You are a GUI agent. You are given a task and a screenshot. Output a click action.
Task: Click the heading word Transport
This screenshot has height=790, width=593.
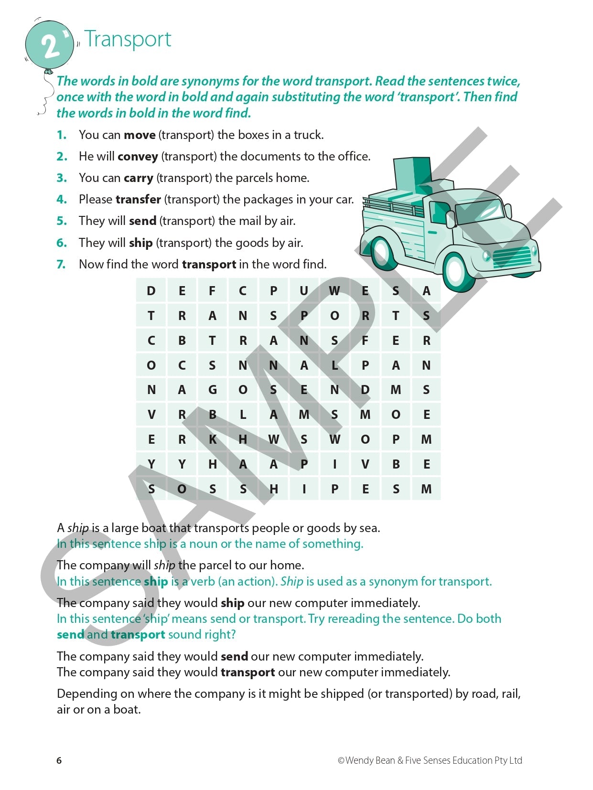click(128, 39)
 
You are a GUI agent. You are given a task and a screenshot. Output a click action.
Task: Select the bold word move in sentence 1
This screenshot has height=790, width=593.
click(140, 135)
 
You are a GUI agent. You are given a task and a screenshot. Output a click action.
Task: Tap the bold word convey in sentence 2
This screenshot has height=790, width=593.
click(138, 157)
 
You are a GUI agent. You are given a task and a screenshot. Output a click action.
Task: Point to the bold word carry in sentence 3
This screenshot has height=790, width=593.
click(138, 178)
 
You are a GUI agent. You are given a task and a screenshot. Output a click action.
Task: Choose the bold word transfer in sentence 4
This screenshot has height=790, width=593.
click(138, 199)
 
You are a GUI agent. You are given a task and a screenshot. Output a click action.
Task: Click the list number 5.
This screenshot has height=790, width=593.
click(61, 221)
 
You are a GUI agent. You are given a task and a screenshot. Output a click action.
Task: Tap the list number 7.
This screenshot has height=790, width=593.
click(61, 264)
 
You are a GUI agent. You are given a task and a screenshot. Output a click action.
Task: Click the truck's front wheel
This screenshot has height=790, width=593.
click(457, 270)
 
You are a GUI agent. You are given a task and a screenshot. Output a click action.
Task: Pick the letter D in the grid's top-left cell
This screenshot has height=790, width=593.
click(151, 291)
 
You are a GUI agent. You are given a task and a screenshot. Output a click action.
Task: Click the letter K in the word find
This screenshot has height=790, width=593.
click(212, 439)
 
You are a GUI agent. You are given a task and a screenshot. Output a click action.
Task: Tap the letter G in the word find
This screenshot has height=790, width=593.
click(212, 390)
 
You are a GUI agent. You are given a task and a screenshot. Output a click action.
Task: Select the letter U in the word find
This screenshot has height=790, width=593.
click(304, 291)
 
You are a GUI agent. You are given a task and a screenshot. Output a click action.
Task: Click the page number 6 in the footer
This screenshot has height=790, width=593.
click(59, 760)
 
